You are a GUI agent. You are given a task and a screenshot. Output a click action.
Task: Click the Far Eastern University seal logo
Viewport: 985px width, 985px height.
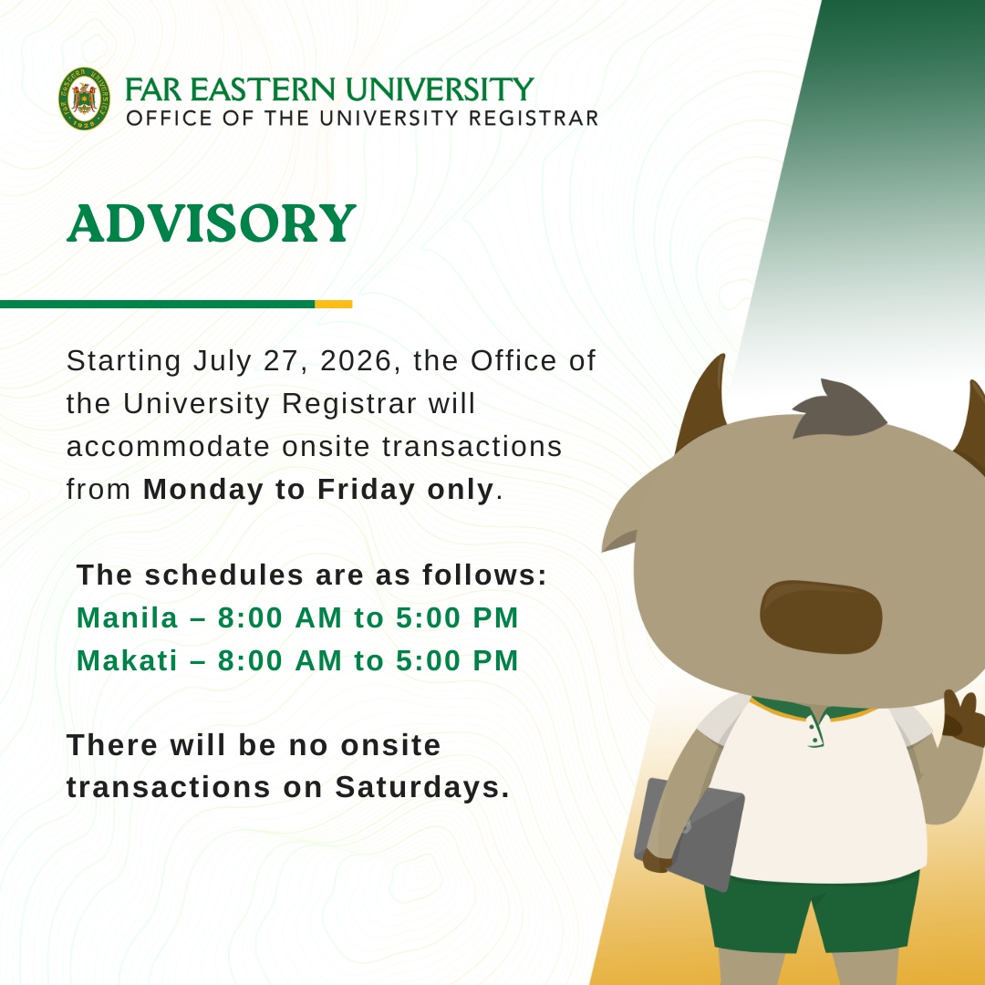(84, 98)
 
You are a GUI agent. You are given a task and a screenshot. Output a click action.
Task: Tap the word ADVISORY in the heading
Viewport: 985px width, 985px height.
(212, 223)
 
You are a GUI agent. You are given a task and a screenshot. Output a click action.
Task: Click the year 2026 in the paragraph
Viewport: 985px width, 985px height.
(356, 360)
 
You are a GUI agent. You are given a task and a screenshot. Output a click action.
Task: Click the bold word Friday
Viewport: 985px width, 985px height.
(367, 490)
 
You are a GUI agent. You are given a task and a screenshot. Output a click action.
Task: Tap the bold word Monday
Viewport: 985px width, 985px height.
(203, 490)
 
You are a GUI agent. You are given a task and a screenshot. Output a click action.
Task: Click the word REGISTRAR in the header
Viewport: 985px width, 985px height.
(534, 118)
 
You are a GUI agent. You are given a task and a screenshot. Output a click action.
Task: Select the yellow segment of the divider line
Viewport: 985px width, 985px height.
(334, 304)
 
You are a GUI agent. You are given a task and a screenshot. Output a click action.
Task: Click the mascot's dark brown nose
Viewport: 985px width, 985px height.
(821, 617)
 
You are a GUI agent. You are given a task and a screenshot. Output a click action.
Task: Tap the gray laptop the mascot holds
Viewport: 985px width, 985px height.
(690, 835)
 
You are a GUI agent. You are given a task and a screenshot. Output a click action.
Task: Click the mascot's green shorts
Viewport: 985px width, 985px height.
(813, 912)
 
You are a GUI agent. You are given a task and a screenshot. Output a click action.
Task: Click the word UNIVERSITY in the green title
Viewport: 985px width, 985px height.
(440, 89)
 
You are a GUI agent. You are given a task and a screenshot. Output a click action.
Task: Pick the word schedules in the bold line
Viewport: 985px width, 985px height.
(224, 575)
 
